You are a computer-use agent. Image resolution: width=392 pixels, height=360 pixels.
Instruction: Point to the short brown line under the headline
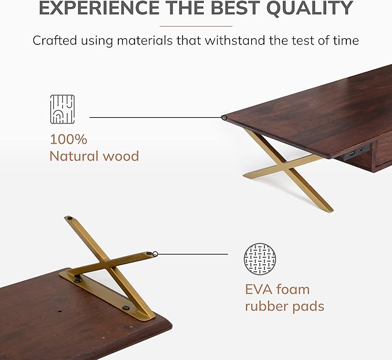[196, 26]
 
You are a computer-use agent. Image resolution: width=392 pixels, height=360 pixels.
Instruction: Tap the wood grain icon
[62, 110]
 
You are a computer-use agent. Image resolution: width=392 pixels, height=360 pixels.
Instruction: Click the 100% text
[68, 139]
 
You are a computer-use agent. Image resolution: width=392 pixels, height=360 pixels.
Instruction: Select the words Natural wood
[94, 156]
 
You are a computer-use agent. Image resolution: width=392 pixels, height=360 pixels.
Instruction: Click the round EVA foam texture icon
[260, 259]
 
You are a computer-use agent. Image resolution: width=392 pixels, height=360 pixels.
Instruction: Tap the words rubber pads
[285, 306]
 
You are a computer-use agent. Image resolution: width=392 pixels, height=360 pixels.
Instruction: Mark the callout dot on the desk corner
[224, 118]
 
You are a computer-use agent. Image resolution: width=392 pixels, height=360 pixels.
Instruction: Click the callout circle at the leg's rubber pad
[155, 253]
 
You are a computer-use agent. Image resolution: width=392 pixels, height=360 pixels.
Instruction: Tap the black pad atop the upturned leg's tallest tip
[69, 219]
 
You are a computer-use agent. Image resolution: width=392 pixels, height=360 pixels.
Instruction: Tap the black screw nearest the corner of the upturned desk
[125, 308]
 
